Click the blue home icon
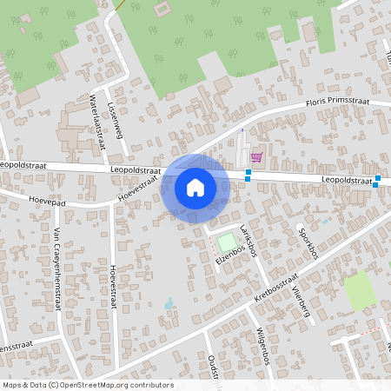195,187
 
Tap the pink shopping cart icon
256,157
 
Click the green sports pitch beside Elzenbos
226,241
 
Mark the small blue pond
169,303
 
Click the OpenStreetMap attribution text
87,385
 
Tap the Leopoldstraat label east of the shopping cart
346,178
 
